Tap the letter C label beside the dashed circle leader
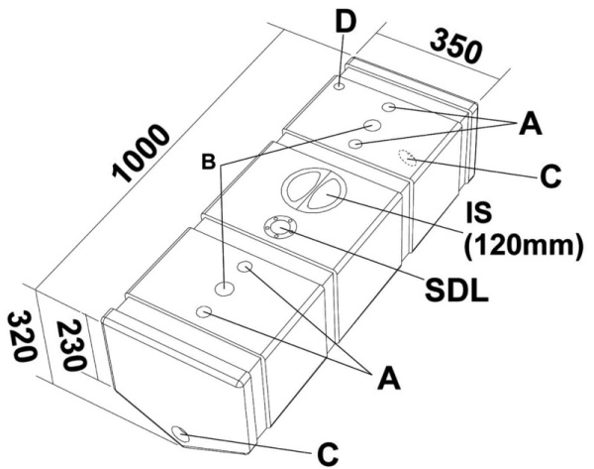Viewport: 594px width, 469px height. pos(549,177)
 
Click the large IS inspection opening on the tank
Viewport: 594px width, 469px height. pos(311,189)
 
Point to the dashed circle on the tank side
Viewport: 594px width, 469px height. pos(407,155)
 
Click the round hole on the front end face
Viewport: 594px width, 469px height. pos(181,433)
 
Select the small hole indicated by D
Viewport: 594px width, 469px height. pos(340,87)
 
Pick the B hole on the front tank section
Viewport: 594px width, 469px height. pos(226,290)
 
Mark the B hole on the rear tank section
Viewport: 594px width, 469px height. pos(373,126)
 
